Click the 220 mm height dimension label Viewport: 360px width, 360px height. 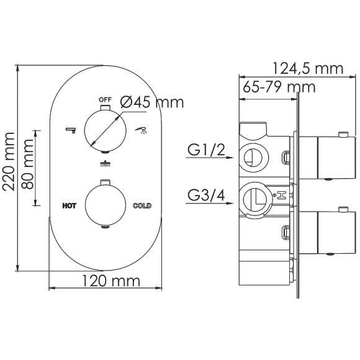pyautogui.click(x=9, y=161)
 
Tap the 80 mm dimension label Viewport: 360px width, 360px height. pyautogui.click(x=27, y=164)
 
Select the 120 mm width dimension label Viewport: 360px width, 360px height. pyautogui.click(x=111, y=281)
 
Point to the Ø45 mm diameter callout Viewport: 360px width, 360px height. pyautogui.click(x=152, y=102)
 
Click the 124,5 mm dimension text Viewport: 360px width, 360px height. pyautogui.click(x=308, y=68)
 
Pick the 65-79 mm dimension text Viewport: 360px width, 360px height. pyautogui.click(x=279, y=87)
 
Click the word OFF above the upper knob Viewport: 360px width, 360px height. pyautogui.click(x=105, y=100)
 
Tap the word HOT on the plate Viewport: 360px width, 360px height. pyautogui.click(x=69, y=206)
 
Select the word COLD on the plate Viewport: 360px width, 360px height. pyautogui.click(x=142, y=205)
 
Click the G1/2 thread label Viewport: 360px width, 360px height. pyautogui.click(x=206, y=150)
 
